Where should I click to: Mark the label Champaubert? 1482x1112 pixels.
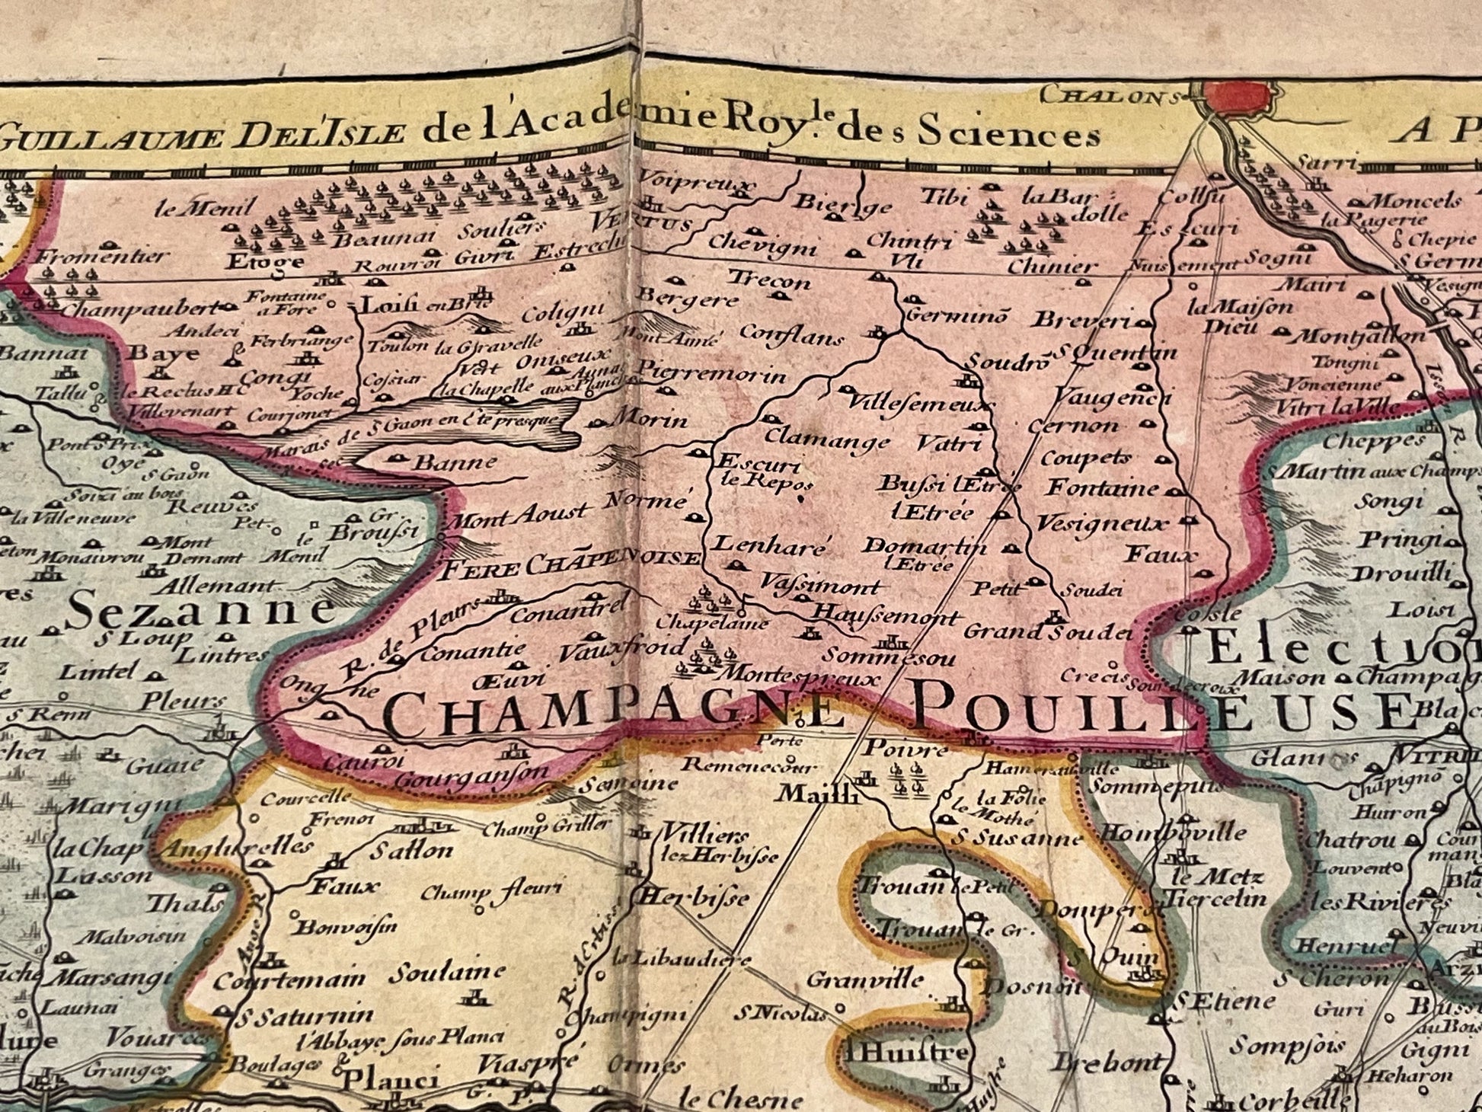[141, 310]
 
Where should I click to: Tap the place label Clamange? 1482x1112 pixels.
[826, 440]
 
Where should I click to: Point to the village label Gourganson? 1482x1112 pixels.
[472, 777]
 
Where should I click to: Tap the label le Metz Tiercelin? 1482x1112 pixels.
[1212, 888]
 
